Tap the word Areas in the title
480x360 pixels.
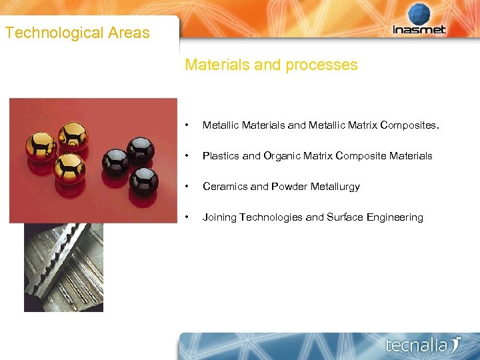129,33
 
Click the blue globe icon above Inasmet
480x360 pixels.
420,15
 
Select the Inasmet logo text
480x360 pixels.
420,30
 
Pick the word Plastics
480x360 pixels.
221,156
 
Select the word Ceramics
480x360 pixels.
225,187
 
